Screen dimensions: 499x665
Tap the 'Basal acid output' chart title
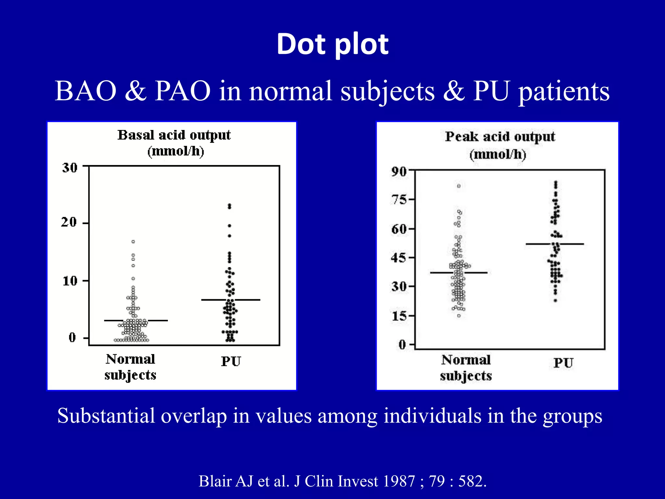pos(174,135)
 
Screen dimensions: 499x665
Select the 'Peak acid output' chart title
pos(500,137)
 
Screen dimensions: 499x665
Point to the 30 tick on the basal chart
pos(70,168)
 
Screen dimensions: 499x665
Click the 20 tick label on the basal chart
pos(69,223)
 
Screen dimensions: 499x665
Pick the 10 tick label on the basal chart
pos(70,281)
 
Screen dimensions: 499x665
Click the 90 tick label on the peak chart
pos(399,172)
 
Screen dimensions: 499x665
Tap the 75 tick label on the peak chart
pos(399,199)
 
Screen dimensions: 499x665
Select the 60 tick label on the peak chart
pos(399,229)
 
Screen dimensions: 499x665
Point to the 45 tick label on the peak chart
pos(399,258)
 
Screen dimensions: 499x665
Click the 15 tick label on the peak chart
pos(399,316)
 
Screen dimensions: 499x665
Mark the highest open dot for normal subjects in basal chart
pos(133,242)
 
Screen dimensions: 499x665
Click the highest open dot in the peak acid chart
pos(459,186)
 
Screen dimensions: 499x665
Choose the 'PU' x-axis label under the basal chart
pos(231,362)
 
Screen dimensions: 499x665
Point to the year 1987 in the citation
pos(399,481)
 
